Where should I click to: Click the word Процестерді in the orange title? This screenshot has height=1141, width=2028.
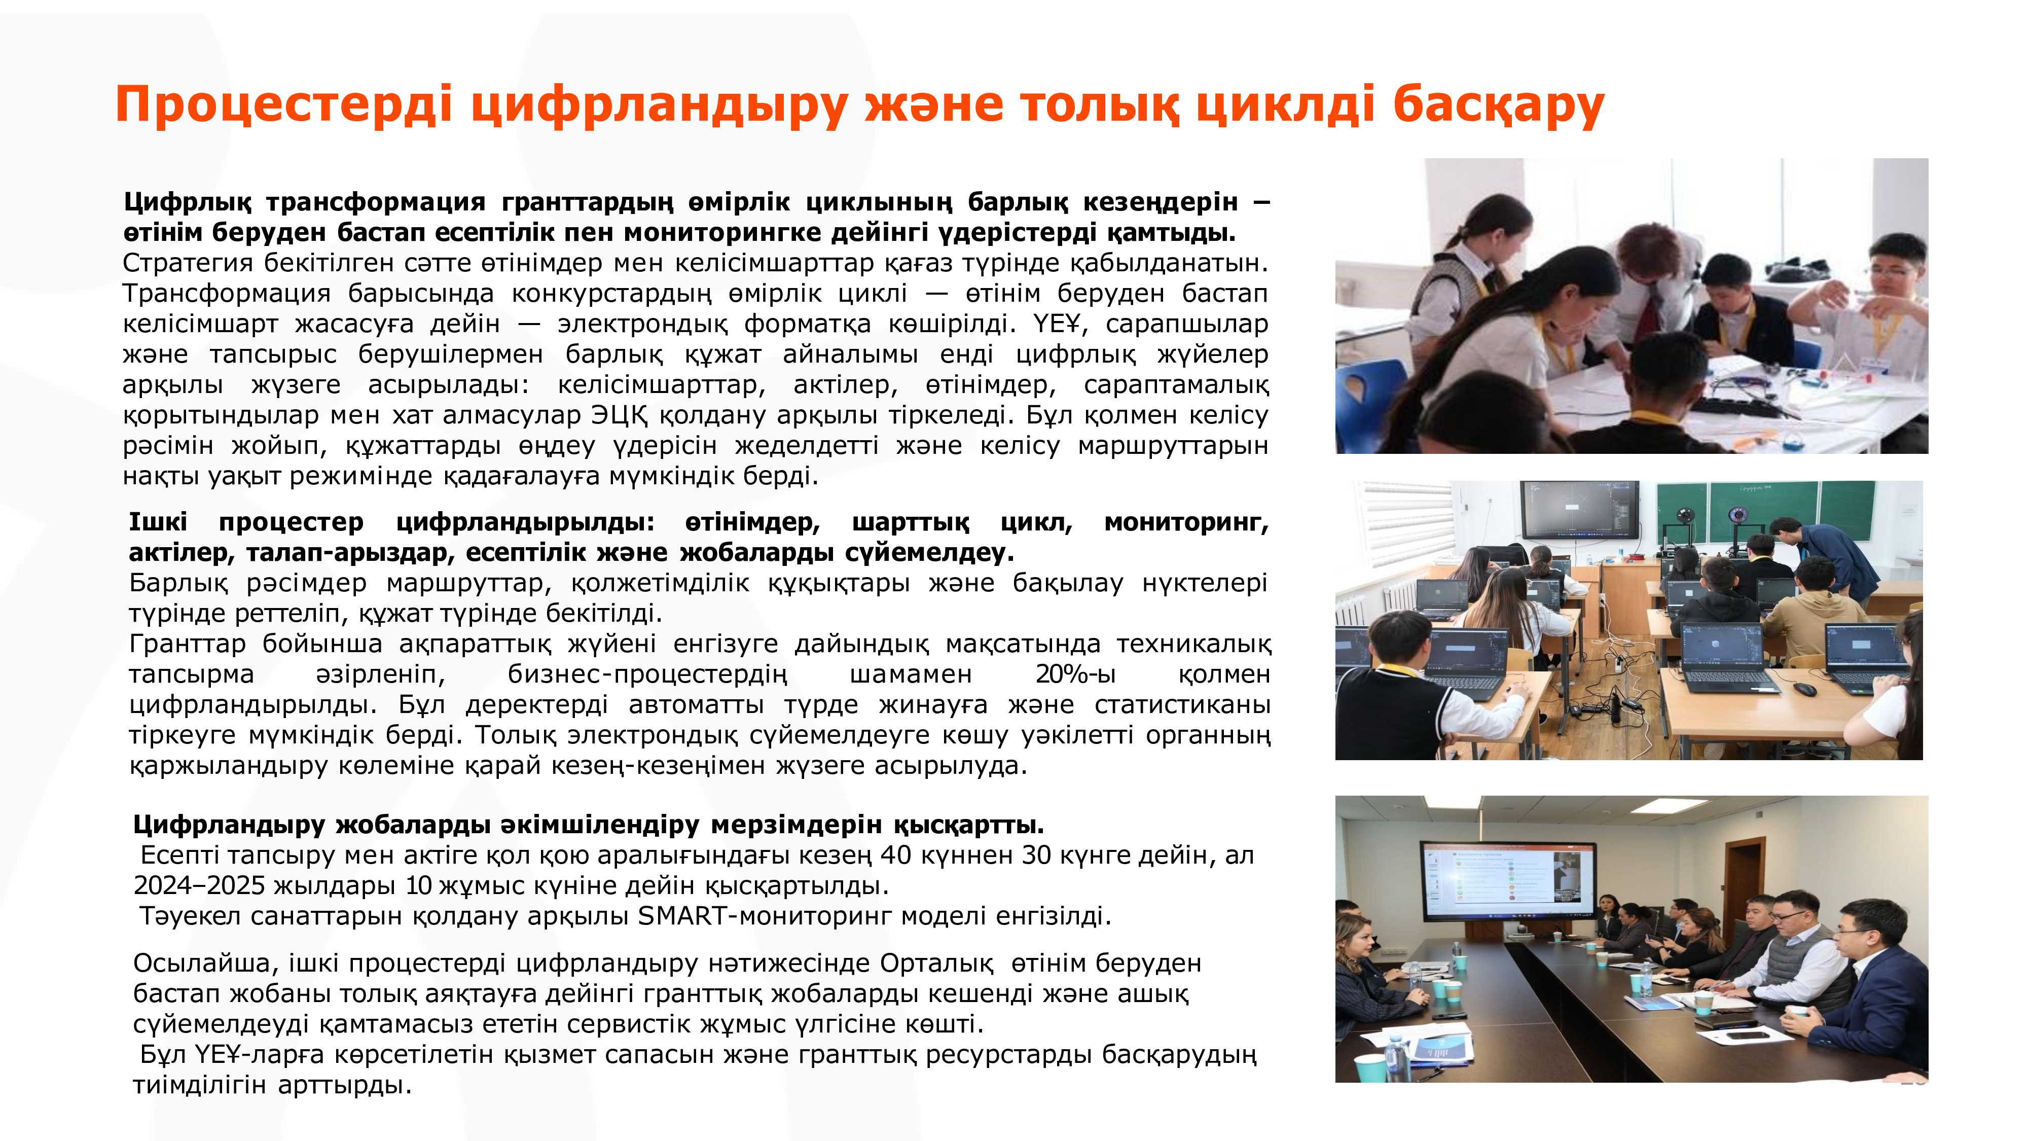click(284, 105)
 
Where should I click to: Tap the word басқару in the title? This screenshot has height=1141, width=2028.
click(1498, 105)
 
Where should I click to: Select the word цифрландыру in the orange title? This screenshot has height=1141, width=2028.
click(660, 105)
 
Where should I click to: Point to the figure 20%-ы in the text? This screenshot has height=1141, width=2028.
click(1075, 674)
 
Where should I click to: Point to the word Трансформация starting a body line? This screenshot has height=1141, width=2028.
click(227, 293)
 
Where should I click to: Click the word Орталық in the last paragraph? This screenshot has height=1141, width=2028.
click(937, 963)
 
